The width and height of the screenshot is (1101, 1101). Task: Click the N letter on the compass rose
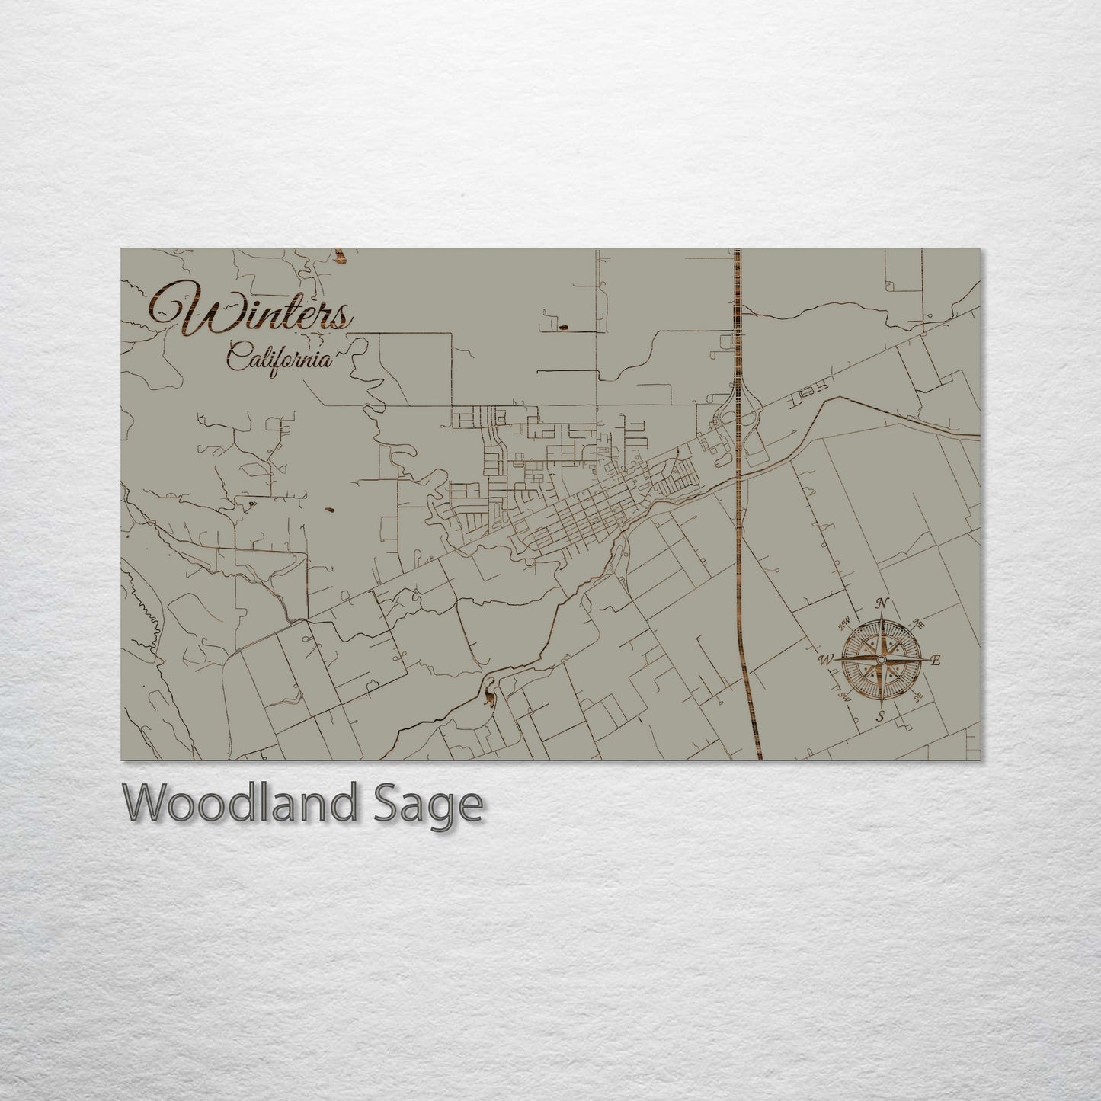click(x=882, y=604)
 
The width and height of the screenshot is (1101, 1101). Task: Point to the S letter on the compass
click(x=880, y=716)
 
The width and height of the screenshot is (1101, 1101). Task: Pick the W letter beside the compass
click(x=826, y=660)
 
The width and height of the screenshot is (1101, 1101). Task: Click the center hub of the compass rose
click(x=882, y=659)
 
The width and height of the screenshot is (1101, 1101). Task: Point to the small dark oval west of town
click(x=329, y=510)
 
